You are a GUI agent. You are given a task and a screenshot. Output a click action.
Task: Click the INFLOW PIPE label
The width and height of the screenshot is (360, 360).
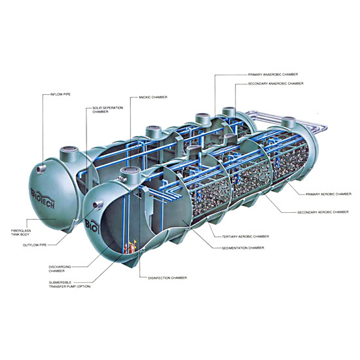point(60,94)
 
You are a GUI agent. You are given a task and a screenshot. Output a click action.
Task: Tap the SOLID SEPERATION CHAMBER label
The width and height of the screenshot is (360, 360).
point(108,110)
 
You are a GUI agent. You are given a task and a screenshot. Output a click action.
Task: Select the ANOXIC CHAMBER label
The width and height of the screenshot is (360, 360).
point(153,98)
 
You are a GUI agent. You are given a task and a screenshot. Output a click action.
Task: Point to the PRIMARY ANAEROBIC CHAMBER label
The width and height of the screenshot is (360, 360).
point(273,75)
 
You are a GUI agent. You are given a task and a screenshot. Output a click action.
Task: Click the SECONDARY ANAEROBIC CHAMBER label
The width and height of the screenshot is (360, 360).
point(276,84)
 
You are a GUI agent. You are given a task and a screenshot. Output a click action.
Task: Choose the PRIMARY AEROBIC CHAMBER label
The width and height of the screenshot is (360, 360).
point(329,194)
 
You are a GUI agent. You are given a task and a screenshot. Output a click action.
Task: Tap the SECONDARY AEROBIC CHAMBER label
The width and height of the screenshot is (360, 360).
point(323,212)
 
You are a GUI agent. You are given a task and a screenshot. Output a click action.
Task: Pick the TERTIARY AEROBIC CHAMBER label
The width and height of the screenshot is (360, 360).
point(245,236)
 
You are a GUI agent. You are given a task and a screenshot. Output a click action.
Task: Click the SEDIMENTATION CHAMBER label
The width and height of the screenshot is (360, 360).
point(243,248)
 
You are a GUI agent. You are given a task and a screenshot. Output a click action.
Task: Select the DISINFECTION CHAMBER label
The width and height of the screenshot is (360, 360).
point(167,278)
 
